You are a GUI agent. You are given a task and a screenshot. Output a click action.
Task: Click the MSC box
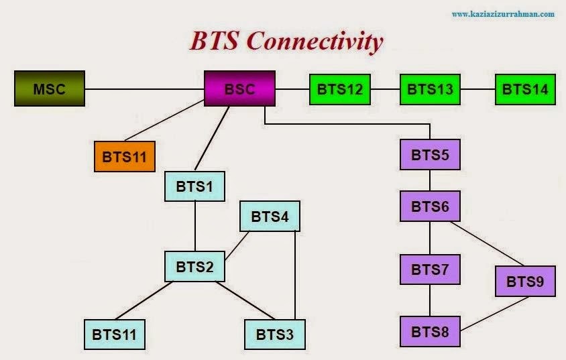point(50,89)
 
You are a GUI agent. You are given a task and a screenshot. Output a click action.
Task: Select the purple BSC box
point(240,88)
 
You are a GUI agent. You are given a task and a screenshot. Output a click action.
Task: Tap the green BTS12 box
point(339,89)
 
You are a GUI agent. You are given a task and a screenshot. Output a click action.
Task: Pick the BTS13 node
point(430,89)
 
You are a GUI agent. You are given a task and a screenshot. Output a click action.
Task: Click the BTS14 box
point(525,89)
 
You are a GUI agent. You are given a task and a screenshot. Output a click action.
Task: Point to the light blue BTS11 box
point(114,334)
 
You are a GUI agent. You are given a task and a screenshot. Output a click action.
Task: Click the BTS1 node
point(194,186)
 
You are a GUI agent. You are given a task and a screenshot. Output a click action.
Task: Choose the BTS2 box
point(194,267)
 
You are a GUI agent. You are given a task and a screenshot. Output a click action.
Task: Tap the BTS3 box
point(275,334)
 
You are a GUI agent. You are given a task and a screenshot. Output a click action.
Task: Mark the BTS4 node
point(270,217)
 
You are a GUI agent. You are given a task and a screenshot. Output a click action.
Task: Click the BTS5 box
point(430,155)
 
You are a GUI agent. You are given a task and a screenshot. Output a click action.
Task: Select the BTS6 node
point(430,206)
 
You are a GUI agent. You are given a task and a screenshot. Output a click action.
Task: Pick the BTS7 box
point(430,269)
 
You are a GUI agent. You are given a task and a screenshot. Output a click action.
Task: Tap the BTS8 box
point(430,331)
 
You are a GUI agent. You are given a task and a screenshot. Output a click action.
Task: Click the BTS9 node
point(525,281)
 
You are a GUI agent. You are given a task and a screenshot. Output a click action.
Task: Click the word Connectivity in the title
point(315,42)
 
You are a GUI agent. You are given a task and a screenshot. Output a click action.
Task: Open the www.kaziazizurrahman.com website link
point(503,13)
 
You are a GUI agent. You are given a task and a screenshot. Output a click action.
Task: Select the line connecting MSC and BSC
point(144,89)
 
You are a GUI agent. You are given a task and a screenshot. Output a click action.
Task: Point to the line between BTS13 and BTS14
point(477,89)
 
